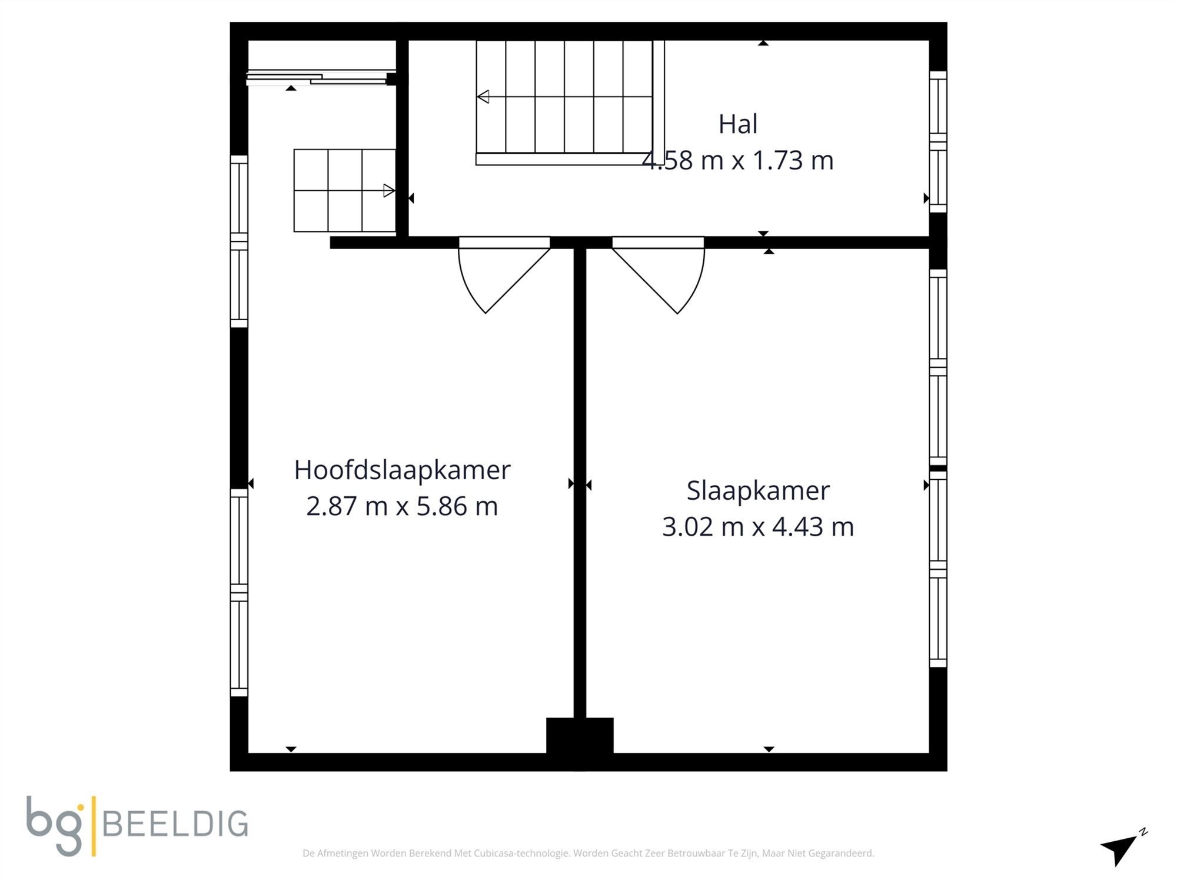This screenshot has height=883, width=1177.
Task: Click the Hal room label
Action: coord(737,124)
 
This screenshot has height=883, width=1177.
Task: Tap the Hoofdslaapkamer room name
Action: coord(402,470)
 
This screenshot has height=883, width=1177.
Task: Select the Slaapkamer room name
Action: coord(758,490)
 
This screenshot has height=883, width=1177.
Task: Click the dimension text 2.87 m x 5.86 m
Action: coord(402,506)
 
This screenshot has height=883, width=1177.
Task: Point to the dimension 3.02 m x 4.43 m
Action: coord(758,526)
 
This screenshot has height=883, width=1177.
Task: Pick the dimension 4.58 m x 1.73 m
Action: coord(737,161)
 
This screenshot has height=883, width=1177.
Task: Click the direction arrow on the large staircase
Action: coord(484,97)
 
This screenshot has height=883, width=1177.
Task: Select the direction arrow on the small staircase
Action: coord(388,191)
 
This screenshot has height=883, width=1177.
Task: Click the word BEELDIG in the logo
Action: coord(175,824)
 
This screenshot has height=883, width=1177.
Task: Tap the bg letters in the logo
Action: coord(55,824)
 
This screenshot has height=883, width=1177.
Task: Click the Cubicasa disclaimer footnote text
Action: coord(588,853)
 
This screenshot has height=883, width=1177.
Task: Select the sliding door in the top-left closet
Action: coord(318,79)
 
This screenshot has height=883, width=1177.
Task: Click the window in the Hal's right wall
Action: coord(938,141)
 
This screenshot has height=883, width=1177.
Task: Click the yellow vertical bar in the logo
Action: coord(94,825)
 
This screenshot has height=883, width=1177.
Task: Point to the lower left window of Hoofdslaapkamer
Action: coord(239,592)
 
